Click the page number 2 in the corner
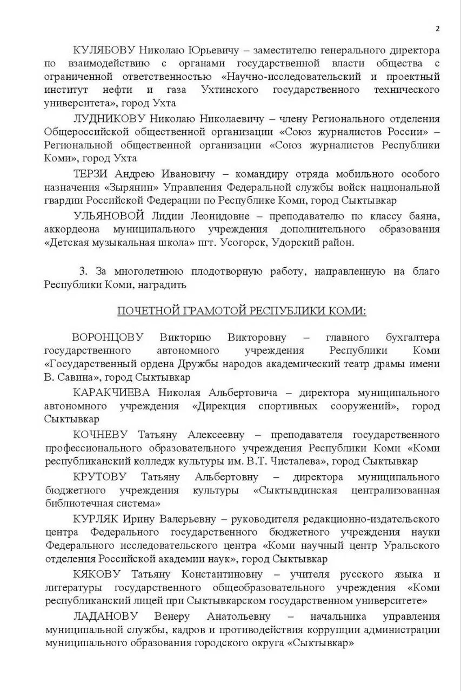click(x=438, y=29)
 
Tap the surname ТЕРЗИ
click(x=92, y=174)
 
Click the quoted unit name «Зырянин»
click(x=128, y=187)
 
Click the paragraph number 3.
click(x=83, y=271)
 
